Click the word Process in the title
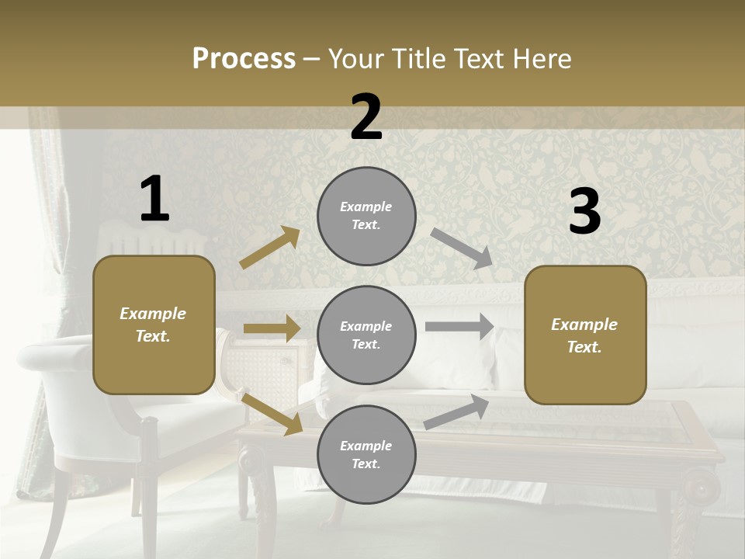tap(244, 58)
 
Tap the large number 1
tap(154, 199)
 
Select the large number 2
tap(366, 117)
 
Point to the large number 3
tap(584, 212)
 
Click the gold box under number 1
tap(154, 325)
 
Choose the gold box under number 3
tap(585, 335)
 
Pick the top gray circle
tap(366, 216)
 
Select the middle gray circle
tap(366, 335)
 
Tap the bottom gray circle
tap(366, 454)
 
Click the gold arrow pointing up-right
tap(270, 247)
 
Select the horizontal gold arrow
tap(272, 328)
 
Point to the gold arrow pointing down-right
tap(272, 414)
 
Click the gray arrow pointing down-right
tap(462, 248)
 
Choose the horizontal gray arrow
tap(459, 326)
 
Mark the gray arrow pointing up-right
tap(456, 412)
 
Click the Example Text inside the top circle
tap(366, 216)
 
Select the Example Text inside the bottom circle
tap(366, 454)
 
